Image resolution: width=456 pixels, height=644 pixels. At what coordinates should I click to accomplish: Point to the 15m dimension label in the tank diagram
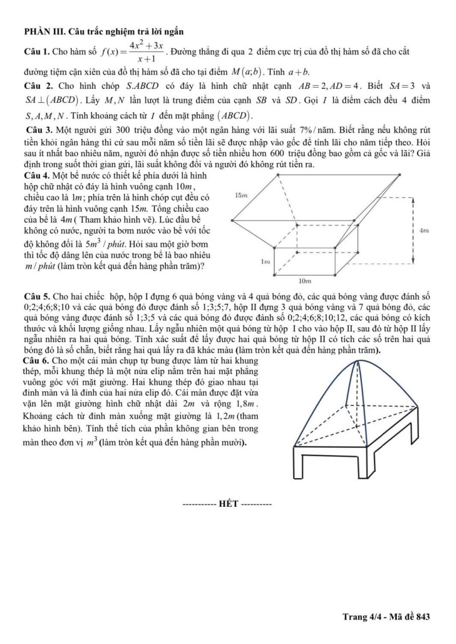(x=242, y=195)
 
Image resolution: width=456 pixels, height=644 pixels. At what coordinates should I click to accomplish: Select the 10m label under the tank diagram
(x=306, y=282)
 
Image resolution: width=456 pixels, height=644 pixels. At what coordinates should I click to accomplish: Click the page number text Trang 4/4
(x=362, y=617)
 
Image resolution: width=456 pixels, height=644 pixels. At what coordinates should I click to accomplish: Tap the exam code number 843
(x=423, y=617)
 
